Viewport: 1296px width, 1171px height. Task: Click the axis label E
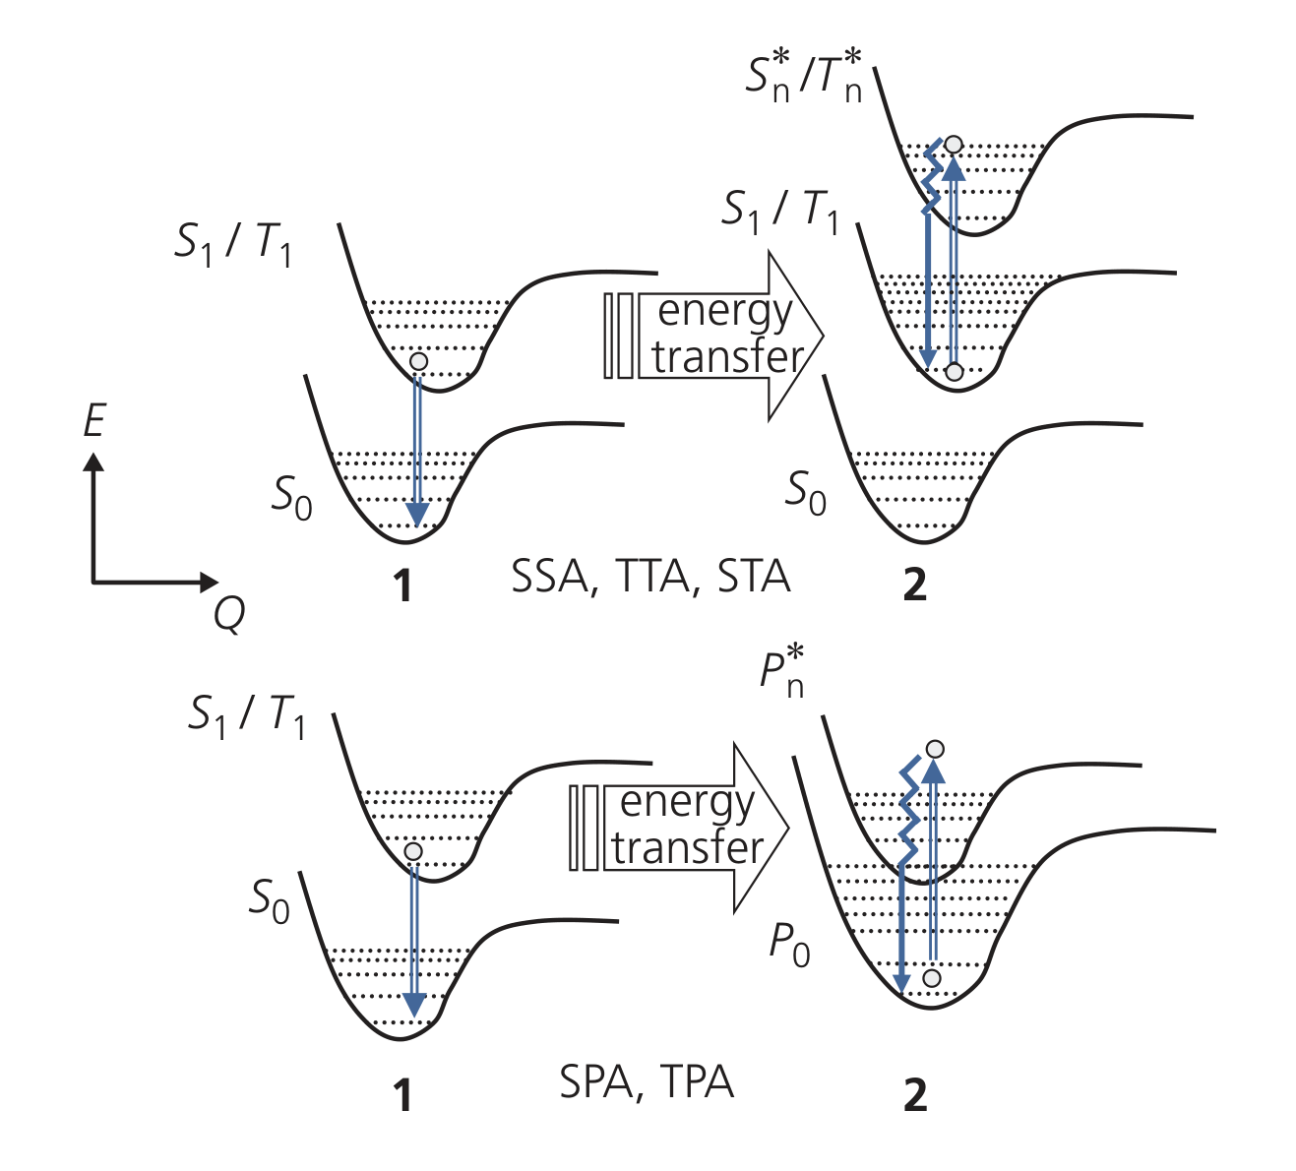(x=94, y=421)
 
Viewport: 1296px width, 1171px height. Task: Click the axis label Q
(x=229, y=614)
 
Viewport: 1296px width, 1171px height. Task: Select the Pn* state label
(x=782, y=673)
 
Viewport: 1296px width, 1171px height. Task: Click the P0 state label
(x=789, y=947)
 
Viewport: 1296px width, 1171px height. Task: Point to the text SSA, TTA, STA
(x=650, y=577)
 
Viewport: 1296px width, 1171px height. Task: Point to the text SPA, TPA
(x=647, y=1082)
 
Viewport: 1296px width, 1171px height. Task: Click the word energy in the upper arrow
(x=724, y=312)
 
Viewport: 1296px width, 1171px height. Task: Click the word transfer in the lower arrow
(x=687, y=847)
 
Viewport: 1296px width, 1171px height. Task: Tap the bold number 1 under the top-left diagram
(x=401, y=586)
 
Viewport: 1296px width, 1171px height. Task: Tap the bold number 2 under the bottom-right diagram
(x=915, y=1094)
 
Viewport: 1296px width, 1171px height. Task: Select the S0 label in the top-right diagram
(x=805, y=492)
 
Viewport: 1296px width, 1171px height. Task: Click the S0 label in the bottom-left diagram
(x=269, y=900)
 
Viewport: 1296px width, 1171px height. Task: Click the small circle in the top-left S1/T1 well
(x=418, y=361)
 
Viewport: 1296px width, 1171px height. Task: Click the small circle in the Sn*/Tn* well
(x=953, y=145)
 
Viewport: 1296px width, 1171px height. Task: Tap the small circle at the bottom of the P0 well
(x=931, y=978)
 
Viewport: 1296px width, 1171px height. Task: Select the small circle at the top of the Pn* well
(x=935, y=750)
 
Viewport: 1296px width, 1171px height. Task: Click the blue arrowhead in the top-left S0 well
(x=417, y=514)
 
